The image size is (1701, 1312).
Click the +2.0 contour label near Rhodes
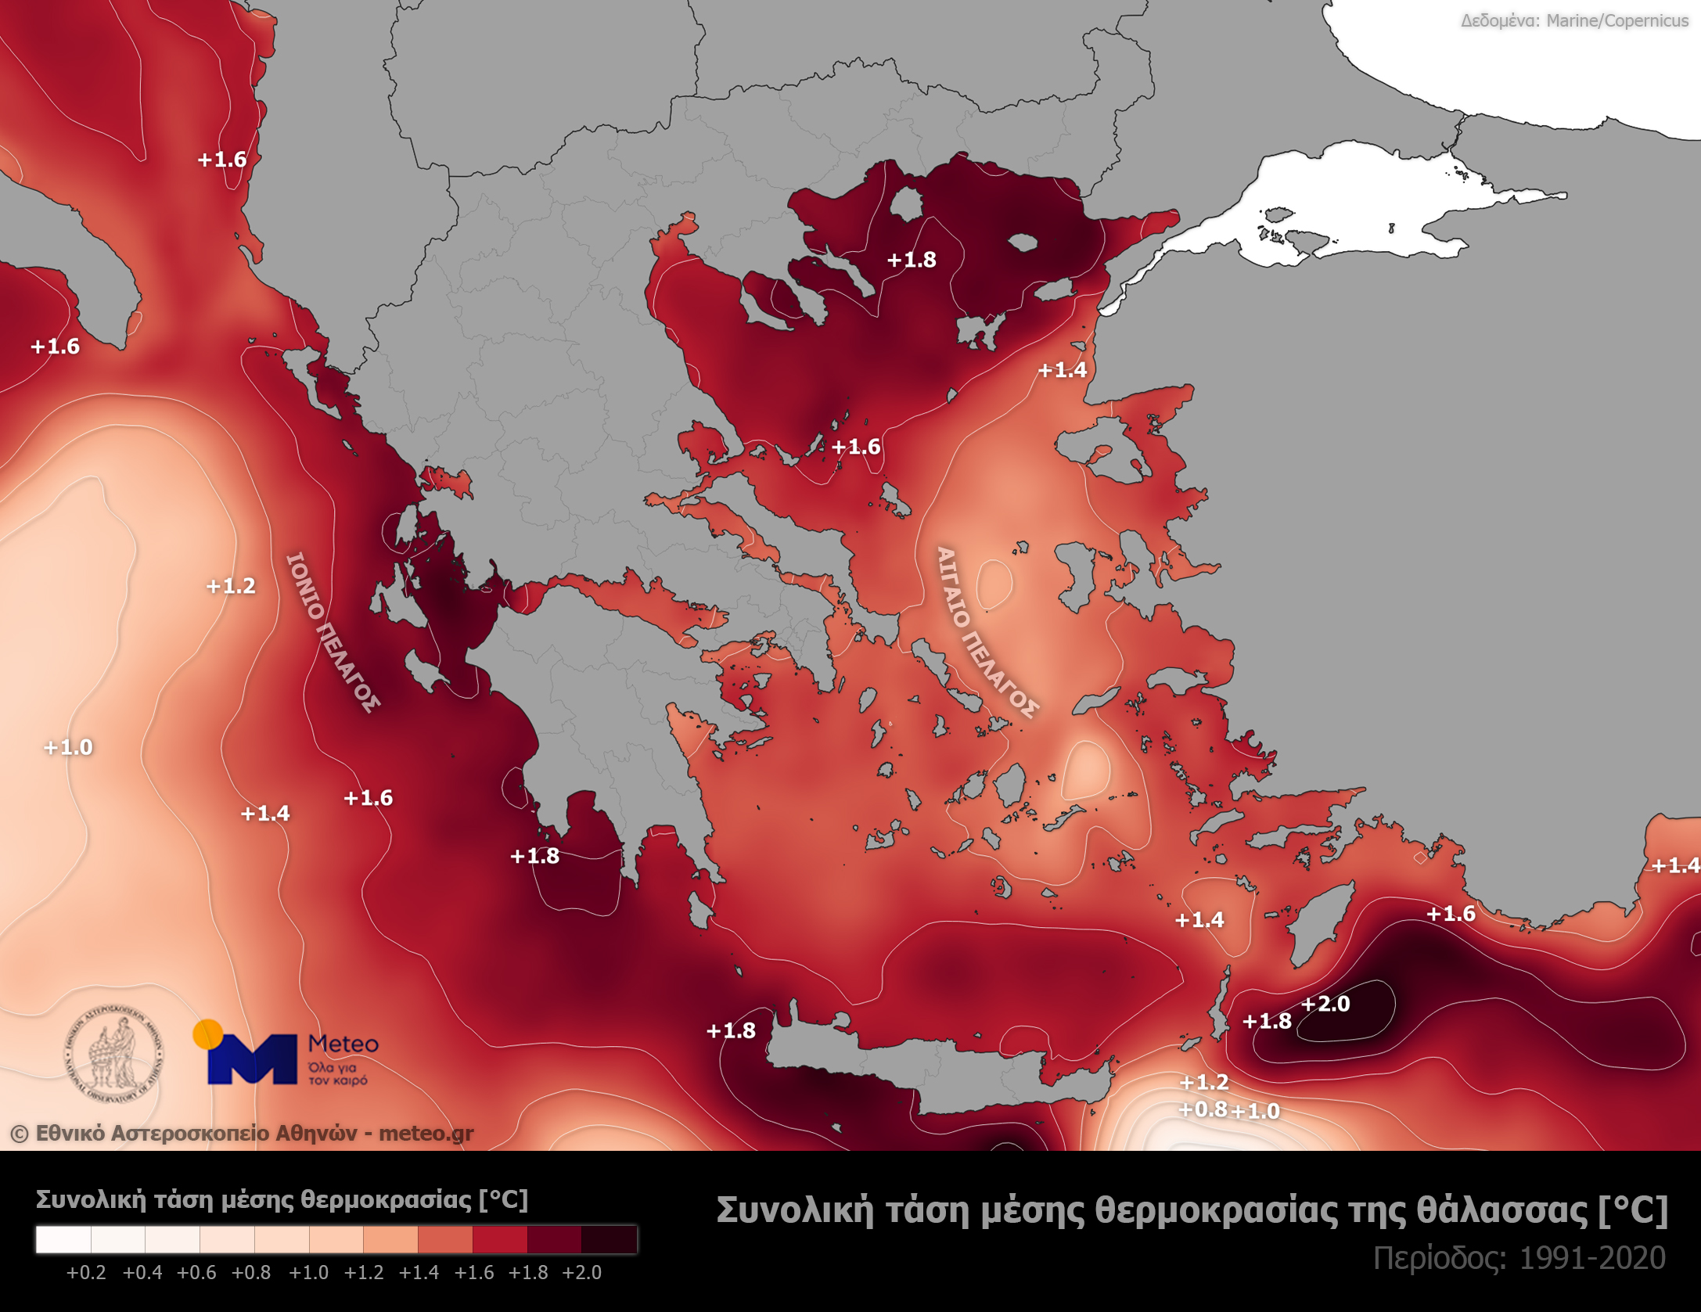(1325, 1004)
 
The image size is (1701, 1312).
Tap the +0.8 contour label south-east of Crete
(1203, 1109)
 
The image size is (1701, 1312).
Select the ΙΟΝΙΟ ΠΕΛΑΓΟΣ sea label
(333, 632)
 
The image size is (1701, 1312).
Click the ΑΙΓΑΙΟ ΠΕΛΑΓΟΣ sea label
(987, 632)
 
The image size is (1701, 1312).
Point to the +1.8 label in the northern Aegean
(912, 260)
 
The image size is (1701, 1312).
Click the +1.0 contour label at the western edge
(68, 747)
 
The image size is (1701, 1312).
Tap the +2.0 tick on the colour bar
(582, 1273)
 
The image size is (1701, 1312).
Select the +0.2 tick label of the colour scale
(86, 1273)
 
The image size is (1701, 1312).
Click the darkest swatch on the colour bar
(610, 1240)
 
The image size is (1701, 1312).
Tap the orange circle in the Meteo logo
(207, 1033)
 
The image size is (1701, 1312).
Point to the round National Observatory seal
(113, 1052)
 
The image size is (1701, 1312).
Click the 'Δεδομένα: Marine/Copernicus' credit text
(1574, 21)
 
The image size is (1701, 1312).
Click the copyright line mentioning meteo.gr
(242, 1134)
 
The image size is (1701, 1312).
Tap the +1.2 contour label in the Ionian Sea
(231, 586)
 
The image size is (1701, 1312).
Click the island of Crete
(939, 1068)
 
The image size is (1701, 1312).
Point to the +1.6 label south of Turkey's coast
(1451, 914)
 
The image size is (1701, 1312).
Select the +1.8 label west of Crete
(731, 1031)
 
